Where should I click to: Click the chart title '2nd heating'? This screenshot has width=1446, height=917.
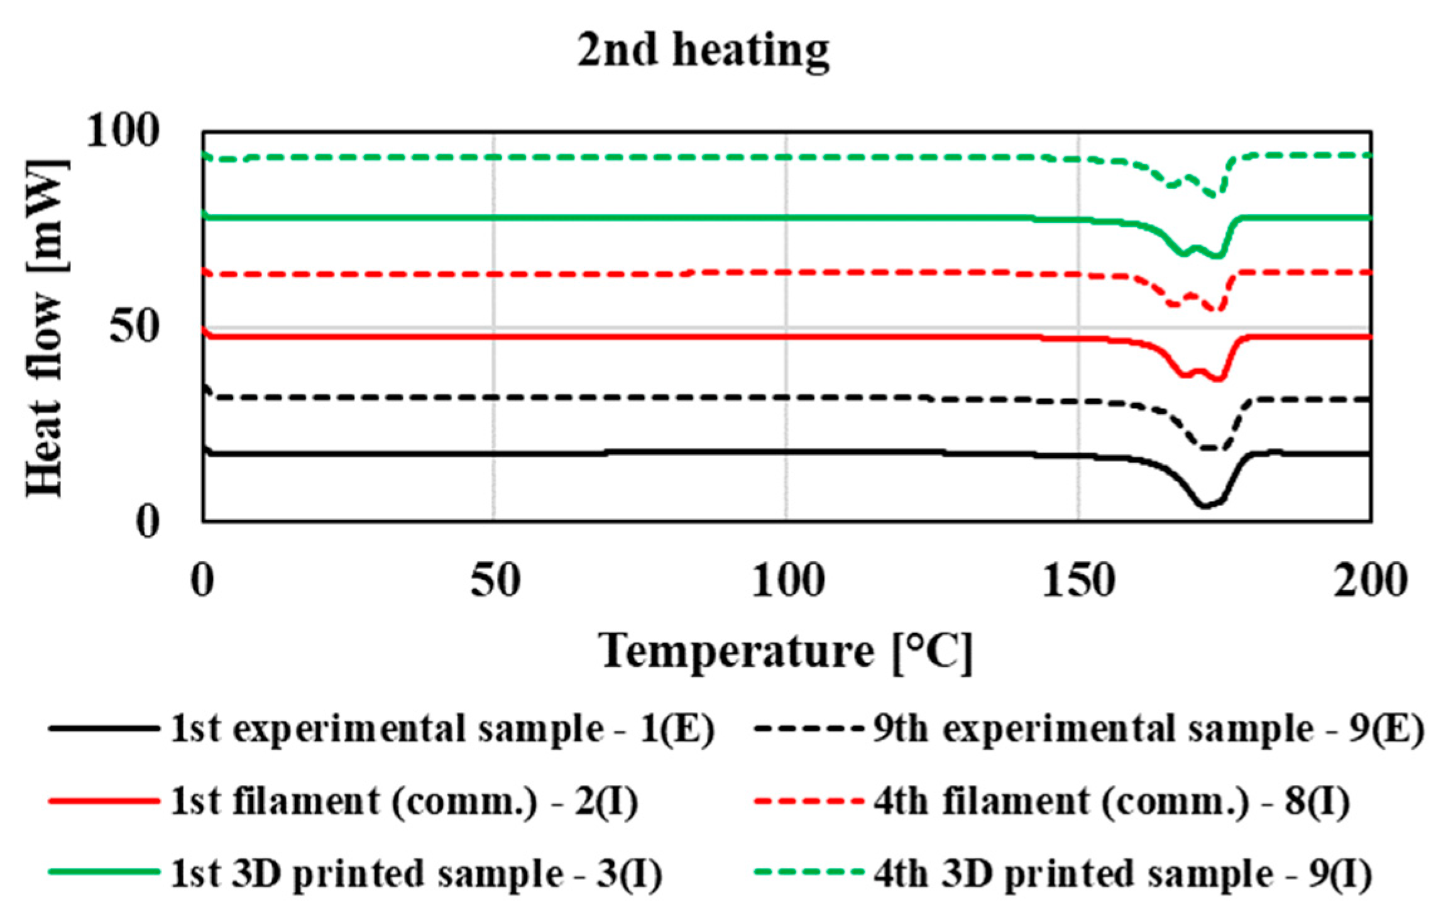(703, 50)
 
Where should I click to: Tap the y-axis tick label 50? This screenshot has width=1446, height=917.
(133, 327)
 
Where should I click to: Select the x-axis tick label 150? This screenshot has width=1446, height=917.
(1078, 581)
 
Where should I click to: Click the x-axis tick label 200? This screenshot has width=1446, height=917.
(1370, 581)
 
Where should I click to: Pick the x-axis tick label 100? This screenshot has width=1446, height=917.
(787, 581)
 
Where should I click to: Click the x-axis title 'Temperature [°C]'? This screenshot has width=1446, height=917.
(786, 652)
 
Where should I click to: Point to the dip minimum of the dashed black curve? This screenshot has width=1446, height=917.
(1210, 448)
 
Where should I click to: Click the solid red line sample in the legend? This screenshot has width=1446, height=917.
(104, 801)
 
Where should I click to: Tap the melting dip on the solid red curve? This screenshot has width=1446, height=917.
(1218, 378)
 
